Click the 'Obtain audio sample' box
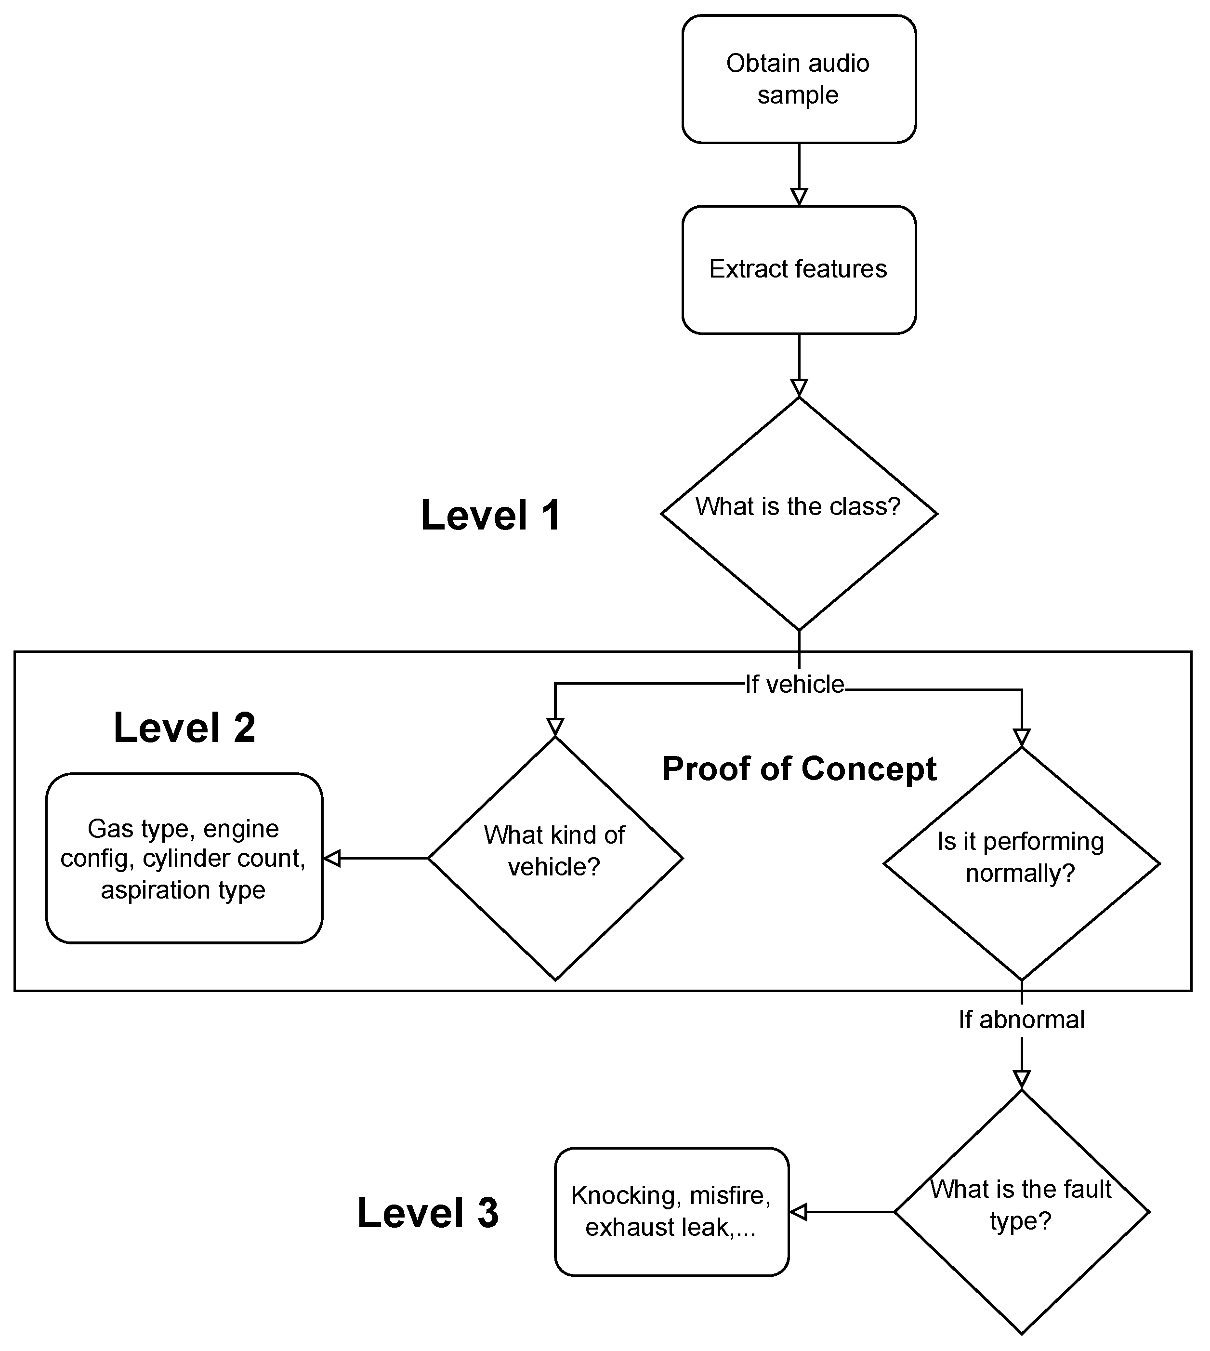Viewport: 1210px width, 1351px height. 799,79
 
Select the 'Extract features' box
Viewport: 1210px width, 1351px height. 799,269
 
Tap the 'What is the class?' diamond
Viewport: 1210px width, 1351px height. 799,513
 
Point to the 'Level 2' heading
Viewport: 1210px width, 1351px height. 184,728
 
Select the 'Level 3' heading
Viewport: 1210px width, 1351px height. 427,1213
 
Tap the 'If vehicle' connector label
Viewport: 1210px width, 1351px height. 794,684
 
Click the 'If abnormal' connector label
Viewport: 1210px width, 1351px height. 1021,1019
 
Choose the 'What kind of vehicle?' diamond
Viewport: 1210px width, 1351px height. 555,858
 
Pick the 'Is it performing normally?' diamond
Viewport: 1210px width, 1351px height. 1021,864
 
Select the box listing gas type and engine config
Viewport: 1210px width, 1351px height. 184,858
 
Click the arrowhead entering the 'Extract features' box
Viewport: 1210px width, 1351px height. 799,197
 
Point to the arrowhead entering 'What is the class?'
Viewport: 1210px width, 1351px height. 799,387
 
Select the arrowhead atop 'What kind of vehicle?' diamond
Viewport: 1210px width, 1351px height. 555,727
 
